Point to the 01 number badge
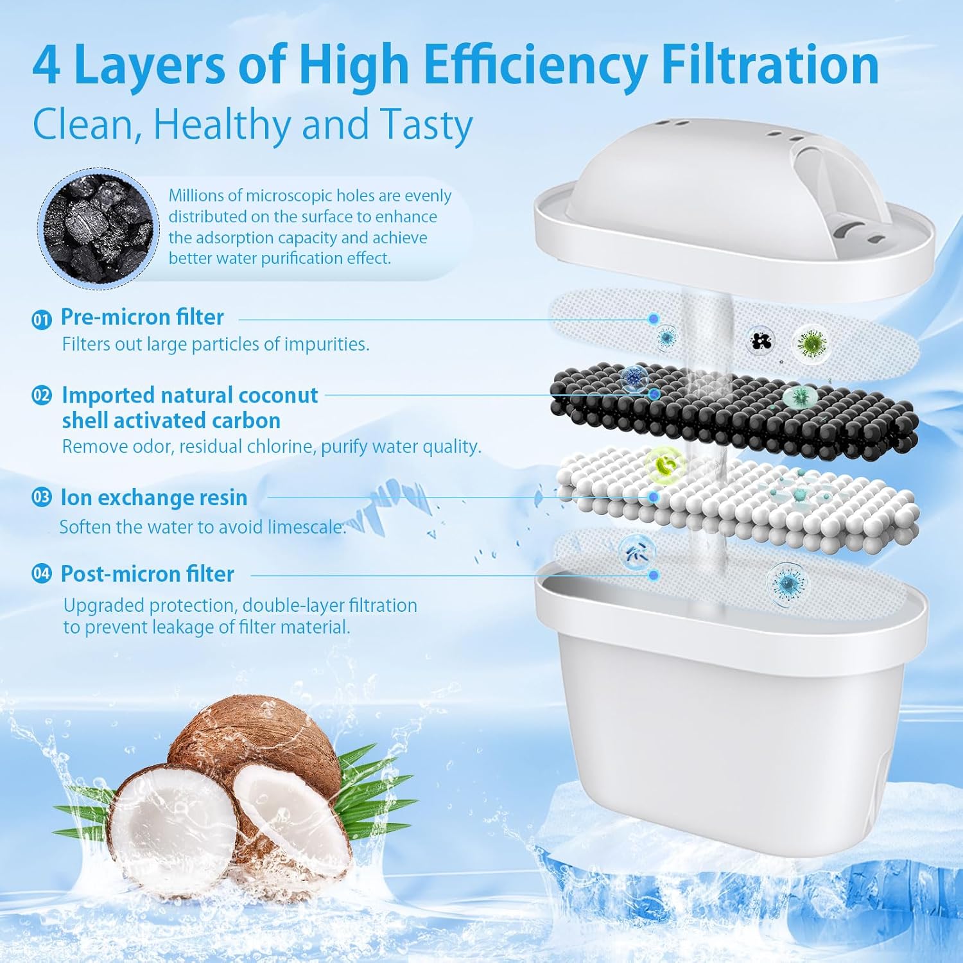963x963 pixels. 42,319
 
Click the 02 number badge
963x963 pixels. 42,395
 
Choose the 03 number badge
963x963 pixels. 42,498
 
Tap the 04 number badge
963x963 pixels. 42,573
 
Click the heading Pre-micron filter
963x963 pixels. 142,317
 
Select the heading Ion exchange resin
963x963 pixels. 153,498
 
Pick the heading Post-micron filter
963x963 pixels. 147,573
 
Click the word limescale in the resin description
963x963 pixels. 306,527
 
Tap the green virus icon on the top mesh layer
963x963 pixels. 811,343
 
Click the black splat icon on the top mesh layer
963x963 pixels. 762,340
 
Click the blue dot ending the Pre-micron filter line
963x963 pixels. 654,318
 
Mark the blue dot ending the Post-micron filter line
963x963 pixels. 654,575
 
